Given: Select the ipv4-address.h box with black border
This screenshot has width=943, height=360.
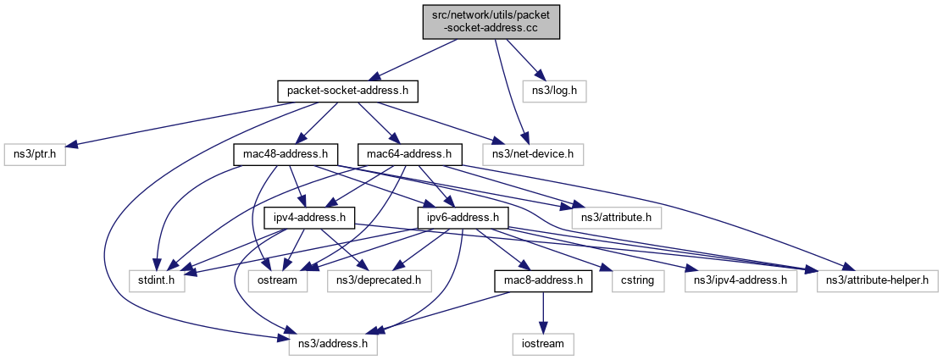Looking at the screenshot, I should [308, 217].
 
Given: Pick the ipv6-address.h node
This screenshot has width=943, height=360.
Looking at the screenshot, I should [462, 217].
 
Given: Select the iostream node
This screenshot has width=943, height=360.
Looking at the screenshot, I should [543, 344].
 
